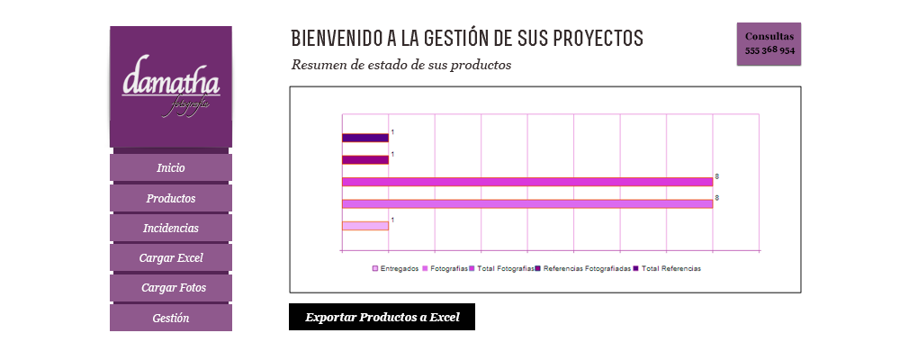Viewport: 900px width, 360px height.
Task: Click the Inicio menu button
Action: click(171, 168)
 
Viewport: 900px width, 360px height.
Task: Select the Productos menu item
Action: click(171, 198)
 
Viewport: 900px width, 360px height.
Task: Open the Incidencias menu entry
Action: click(171, 229)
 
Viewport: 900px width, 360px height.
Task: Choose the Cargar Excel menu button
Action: click(171, 258)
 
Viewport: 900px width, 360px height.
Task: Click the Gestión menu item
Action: click(171, 318)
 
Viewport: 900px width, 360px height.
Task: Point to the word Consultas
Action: click(769, 36)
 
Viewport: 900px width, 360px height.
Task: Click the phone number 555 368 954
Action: click(769, 50)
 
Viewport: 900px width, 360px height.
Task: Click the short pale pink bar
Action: click(365, 225)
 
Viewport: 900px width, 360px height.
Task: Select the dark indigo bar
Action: click(365, 138)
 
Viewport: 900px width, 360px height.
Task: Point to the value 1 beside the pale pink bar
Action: click(392, 220)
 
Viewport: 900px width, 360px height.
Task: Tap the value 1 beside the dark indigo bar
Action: click(392, 132)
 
